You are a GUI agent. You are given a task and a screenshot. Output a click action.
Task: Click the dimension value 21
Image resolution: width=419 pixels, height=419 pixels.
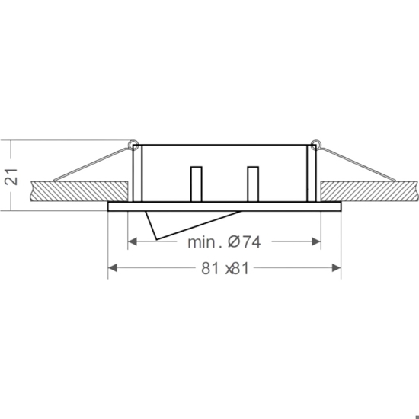coord(11,177)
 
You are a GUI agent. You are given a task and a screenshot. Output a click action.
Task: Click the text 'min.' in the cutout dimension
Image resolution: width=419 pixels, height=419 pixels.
coord(205,242)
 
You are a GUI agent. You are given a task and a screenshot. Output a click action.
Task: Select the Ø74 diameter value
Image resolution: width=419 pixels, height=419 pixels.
coord(244,242)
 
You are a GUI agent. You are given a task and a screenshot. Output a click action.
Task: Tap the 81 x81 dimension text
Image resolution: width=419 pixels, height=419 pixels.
coord(225,268)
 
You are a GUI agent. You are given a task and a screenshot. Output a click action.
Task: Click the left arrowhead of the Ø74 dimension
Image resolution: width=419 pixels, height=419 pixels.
coord(133,241)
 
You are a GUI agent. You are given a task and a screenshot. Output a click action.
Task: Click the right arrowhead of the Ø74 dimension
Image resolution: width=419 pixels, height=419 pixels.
coord(316,241)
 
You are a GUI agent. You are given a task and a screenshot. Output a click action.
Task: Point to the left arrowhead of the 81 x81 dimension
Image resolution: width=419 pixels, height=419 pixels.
coord(113,267)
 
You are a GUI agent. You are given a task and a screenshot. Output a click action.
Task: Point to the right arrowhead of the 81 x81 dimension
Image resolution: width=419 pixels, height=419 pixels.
coord(336,267)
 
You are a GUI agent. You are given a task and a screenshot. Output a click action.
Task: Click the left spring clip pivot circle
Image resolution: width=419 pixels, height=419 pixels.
coord(133,144)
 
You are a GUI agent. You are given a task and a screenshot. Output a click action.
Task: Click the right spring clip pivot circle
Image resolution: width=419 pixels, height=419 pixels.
coord(315,144)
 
